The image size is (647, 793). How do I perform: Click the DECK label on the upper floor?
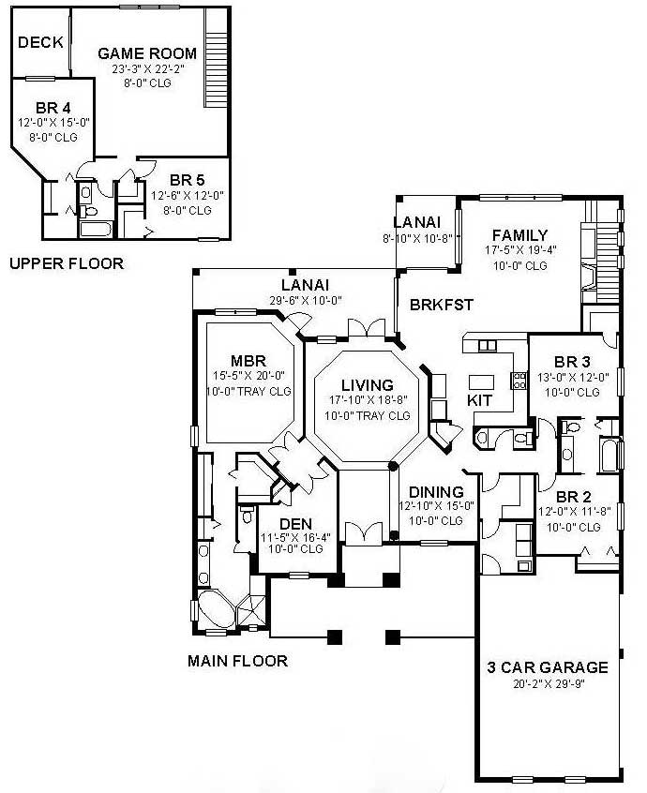tap(40, 42)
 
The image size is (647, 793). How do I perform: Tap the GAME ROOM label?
tap(147, 53)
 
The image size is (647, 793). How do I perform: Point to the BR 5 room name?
tap(188, 180)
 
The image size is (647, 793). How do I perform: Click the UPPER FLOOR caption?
tap(66, 263)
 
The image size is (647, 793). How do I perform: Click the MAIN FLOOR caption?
tap(237, 661)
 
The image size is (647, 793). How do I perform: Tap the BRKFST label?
tap(441, 305)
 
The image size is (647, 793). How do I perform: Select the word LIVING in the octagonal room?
tap(367, 384)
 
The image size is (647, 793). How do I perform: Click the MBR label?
tap(248, 361)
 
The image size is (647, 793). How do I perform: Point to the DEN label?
tap(296, 523)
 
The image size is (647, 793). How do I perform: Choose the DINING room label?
tap(437, 492)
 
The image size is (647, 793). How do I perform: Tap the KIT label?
tap(479, 400)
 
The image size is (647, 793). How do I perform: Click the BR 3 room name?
tap(572, 362)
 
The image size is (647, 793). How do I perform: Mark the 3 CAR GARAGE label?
tap(548, 667)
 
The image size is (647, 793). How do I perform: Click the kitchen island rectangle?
tap(482, 382)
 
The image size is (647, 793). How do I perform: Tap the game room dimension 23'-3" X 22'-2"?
tap(147, 68)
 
